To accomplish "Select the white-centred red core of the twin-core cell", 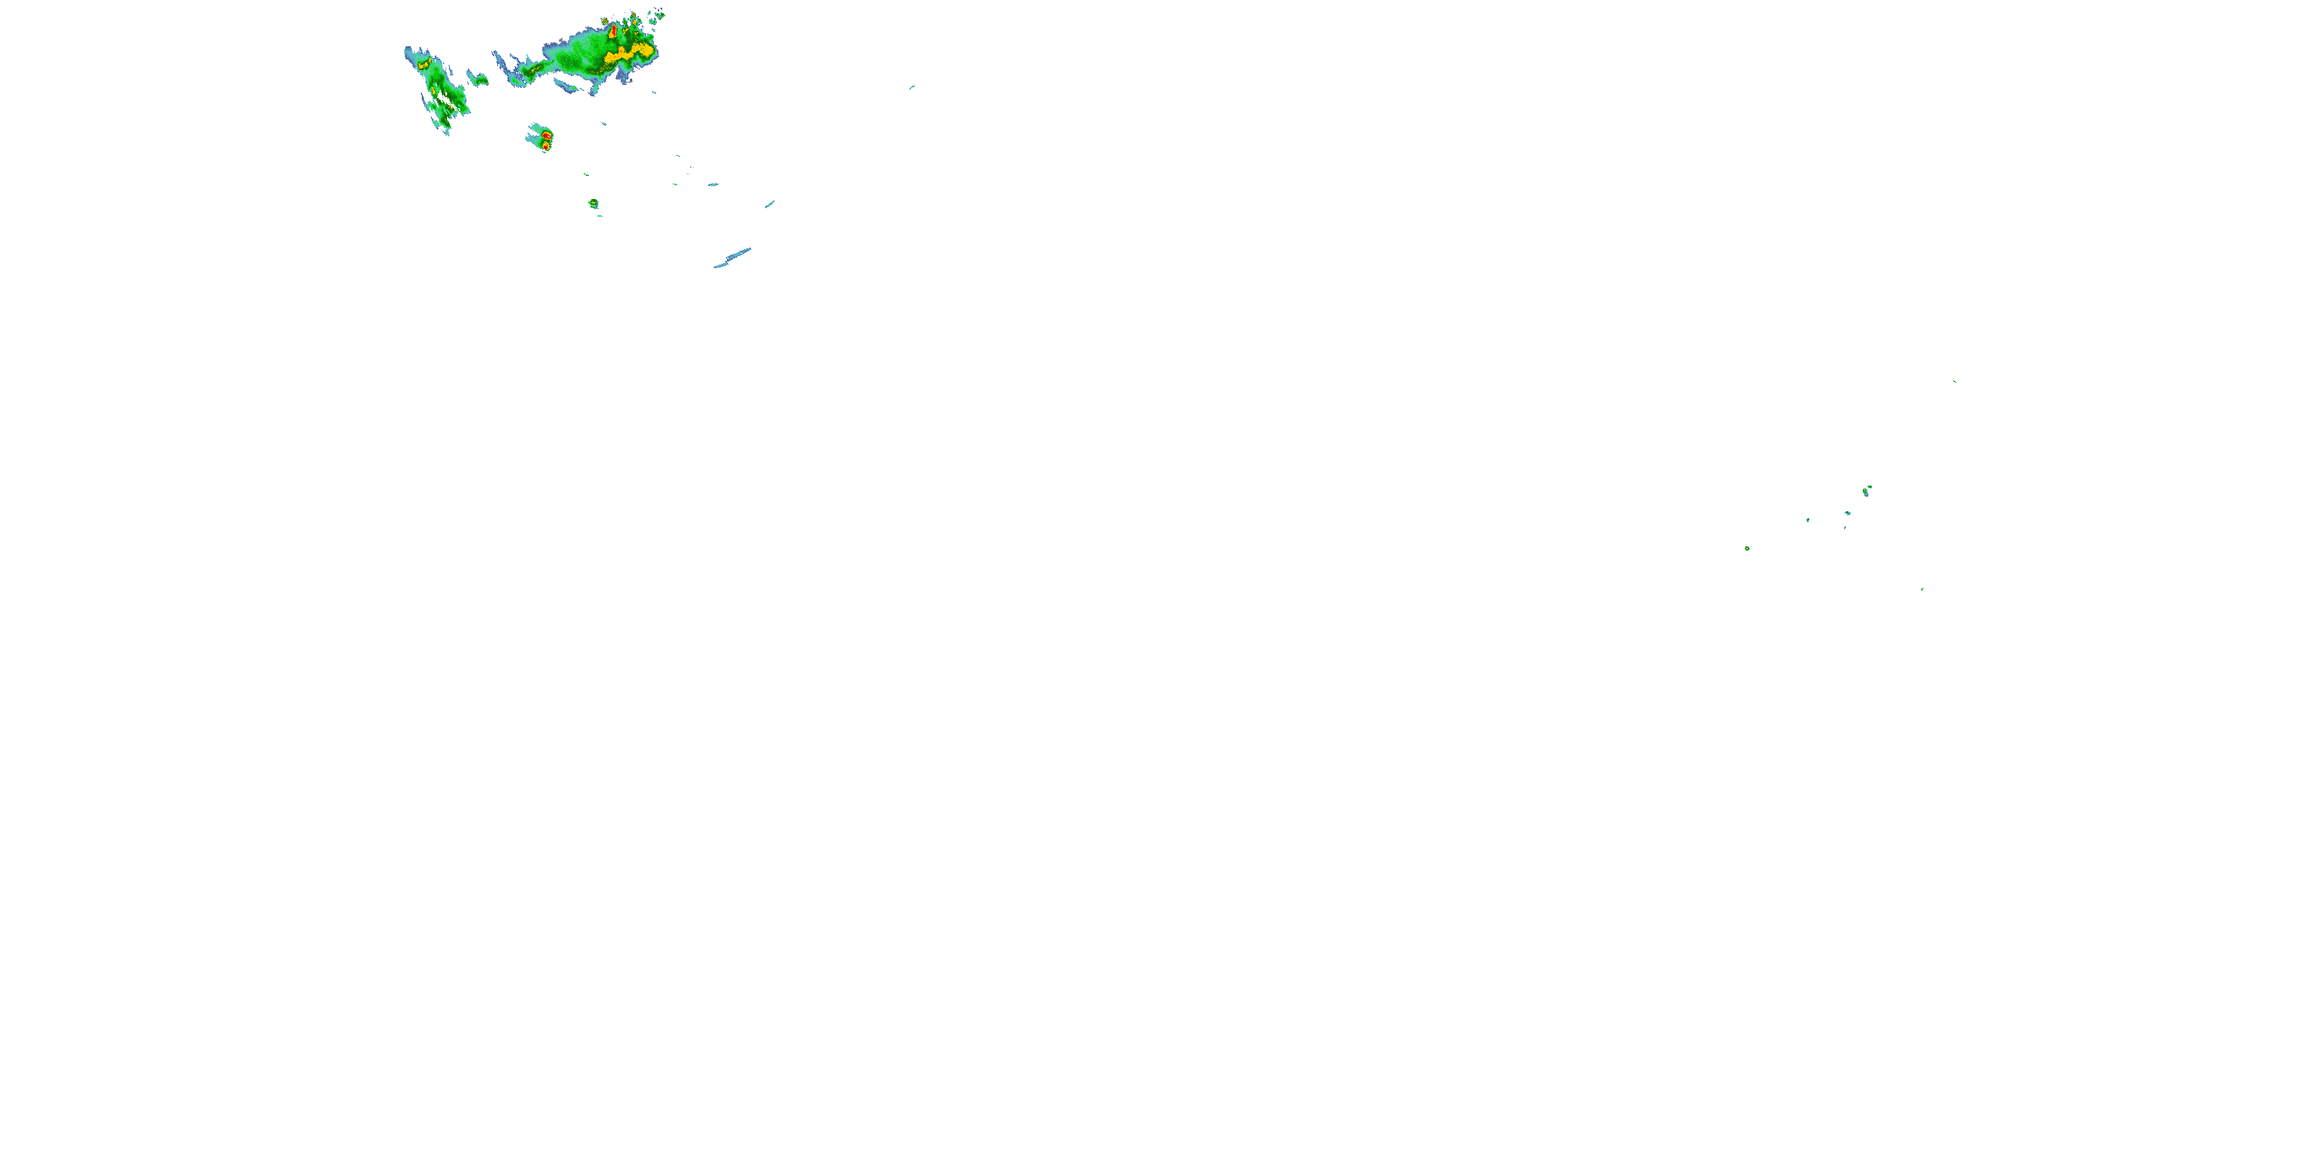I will pos(547,135).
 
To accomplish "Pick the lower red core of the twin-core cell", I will pos(545,145).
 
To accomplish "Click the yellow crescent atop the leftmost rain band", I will pos(422,65).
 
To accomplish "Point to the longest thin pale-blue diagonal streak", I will pos(732,258).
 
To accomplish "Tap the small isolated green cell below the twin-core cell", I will pos(594,204).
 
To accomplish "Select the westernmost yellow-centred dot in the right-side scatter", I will pos(1747,548).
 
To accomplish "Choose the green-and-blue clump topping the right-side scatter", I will pos(1867,491).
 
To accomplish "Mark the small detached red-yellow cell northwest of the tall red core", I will pos(605,21).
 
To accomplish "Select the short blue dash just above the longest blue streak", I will pos(769,204).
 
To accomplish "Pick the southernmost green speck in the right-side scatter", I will pos(1922,589).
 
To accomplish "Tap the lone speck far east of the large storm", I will pos(911,87).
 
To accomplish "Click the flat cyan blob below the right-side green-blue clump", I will pos(1848,513).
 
